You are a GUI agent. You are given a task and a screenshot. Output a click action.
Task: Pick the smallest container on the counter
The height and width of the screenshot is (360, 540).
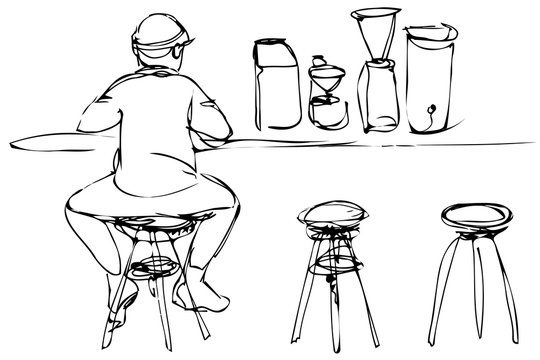pos(324,100)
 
